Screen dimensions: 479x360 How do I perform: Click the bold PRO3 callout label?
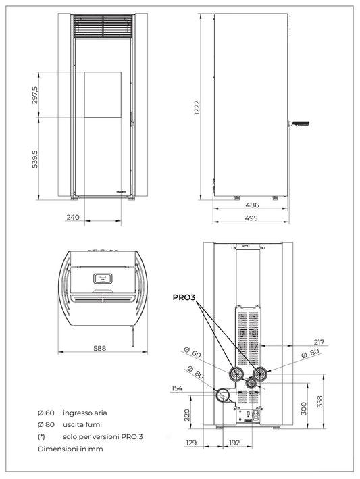(x=184, y=297)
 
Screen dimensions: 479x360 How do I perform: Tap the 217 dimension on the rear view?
(x=319, y=342)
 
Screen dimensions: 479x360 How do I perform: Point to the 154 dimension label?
(x=177, y=388)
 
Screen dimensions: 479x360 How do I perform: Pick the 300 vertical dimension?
(x=304, y=408)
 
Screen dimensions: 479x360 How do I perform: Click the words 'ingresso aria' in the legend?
(x=84, y=412)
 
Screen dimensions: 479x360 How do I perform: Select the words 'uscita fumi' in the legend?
(x=82, y=424)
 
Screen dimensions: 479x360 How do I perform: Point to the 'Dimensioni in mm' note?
(x=70, y=449)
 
